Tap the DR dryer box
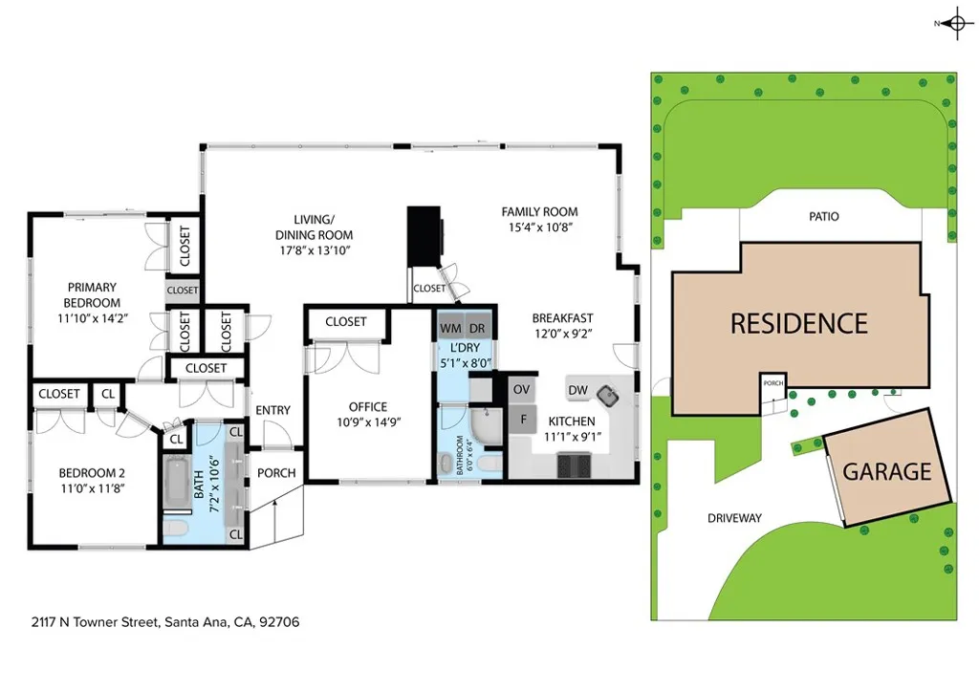475,329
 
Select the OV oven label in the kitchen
521,389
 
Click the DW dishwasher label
577,389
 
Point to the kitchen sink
606,392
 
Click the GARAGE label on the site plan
886,471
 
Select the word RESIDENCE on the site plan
798,323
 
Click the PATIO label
823,217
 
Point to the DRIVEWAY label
734,518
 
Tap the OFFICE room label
368,407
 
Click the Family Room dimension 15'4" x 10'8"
540,227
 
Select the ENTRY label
272,411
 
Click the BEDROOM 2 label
92,472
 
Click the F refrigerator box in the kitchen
522,419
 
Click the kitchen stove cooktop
575,465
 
